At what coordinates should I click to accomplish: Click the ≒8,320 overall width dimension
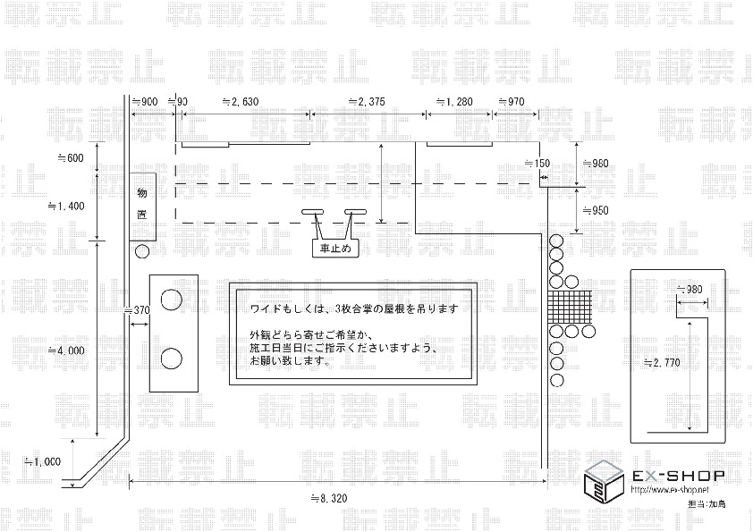pos(329,498)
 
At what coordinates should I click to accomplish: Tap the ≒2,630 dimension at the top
pos(241,102)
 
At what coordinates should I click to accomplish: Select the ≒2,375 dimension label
pos(367,102)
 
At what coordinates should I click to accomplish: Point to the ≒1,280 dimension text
pos(455,102)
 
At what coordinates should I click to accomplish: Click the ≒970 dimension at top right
pos(512,102)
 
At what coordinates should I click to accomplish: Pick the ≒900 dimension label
pos(145,102)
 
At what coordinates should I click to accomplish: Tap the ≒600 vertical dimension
pos(71,158)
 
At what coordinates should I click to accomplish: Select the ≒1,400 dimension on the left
pos(66,206)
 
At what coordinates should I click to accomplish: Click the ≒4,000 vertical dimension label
pos(66,350)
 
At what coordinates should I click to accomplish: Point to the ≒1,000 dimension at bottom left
pos(43,461)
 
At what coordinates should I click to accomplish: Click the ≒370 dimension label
pos(137,310)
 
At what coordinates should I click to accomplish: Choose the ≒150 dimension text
pos(537,164)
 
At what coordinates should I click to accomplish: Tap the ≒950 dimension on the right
pos(596,210)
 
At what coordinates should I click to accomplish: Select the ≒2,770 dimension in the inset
pos(663,362)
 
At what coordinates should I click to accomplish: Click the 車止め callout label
pos(335,249)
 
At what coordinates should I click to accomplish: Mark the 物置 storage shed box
pos(142,207)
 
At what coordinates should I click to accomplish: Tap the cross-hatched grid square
pos(570,308)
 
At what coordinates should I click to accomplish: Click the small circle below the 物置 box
pos(141,251)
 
